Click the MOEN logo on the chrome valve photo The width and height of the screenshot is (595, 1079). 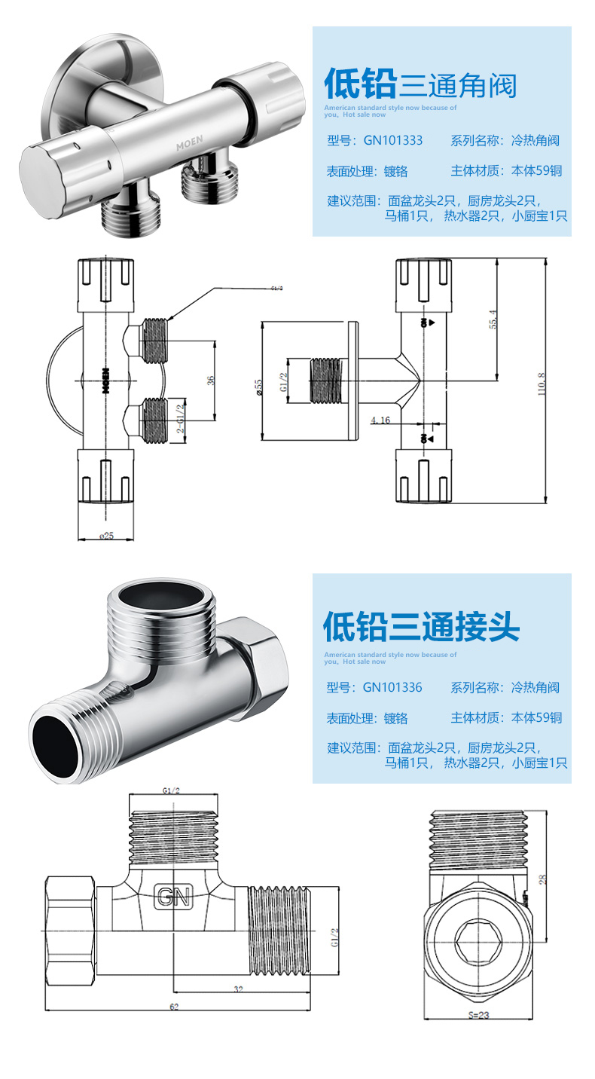point(192,140)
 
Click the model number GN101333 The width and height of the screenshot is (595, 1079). point(392,140)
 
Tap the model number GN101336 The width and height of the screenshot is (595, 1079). point(392,687)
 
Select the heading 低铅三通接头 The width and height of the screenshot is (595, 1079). point(421,625)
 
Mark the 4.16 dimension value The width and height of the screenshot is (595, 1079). point(380,420)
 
